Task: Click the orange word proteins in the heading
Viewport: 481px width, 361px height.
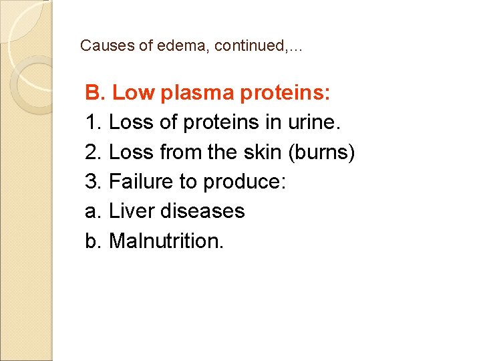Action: click(x=292, y=94)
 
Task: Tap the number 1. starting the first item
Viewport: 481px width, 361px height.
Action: click(x=93, y=122)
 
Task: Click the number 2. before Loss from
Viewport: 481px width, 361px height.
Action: click(x=94, y=152)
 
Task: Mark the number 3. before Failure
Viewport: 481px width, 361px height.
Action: click(x=94, y=181)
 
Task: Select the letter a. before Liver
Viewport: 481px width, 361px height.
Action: click(x=93, y=211)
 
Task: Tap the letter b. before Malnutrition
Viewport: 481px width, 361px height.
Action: click(x=93, y=240)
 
